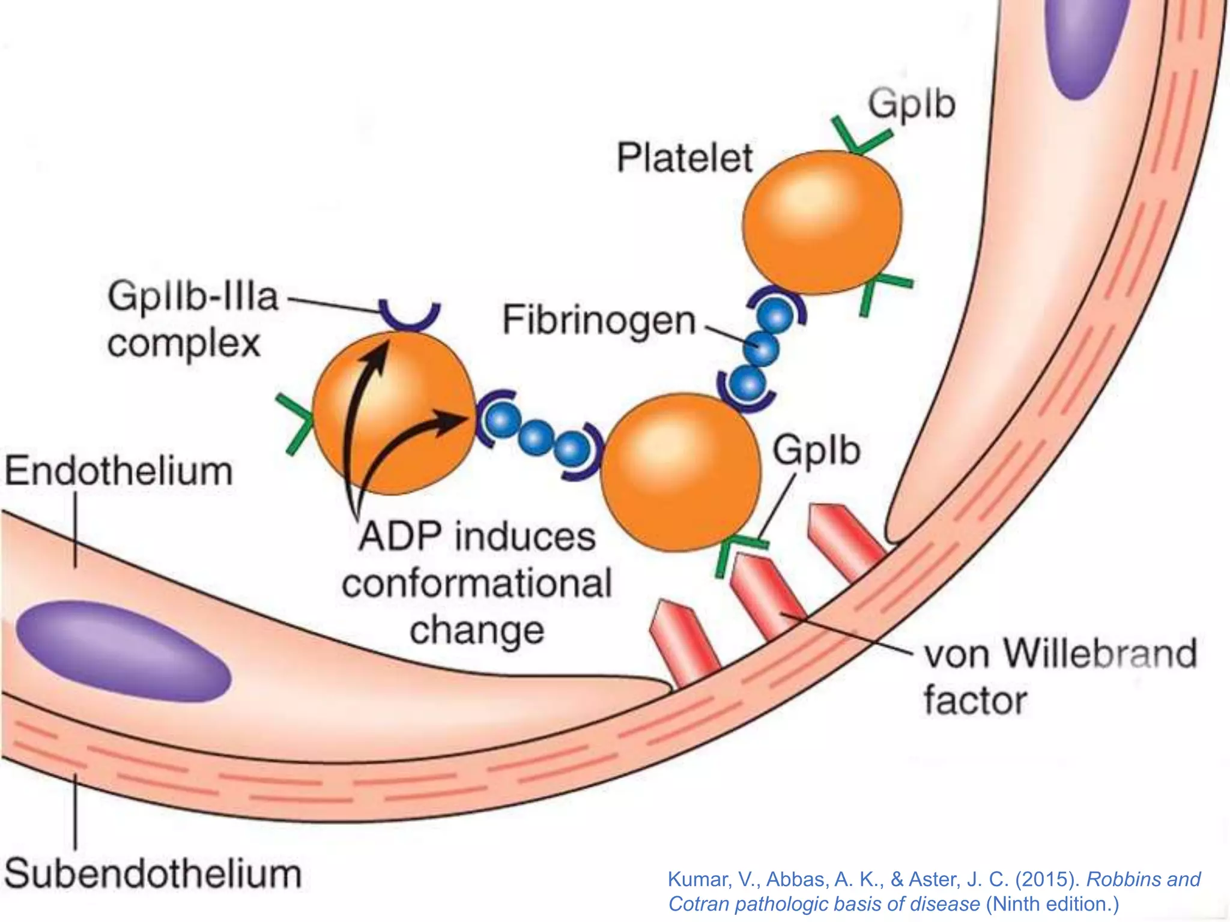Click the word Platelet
tap(684, 158)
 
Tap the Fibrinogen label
tap(599, 321)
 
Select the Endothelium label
tap(119, 471)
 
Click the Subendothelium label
tap(153, 874)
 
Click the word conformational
tap(477, 583)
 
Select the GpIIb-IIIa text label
tap(193, 297)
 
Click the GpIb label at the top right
tap(912, 104)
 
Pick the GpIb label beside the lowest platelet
tap(816, 451)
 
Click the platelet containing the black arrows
tap(393, 414)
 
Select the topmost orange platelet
tap(822, 222)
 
